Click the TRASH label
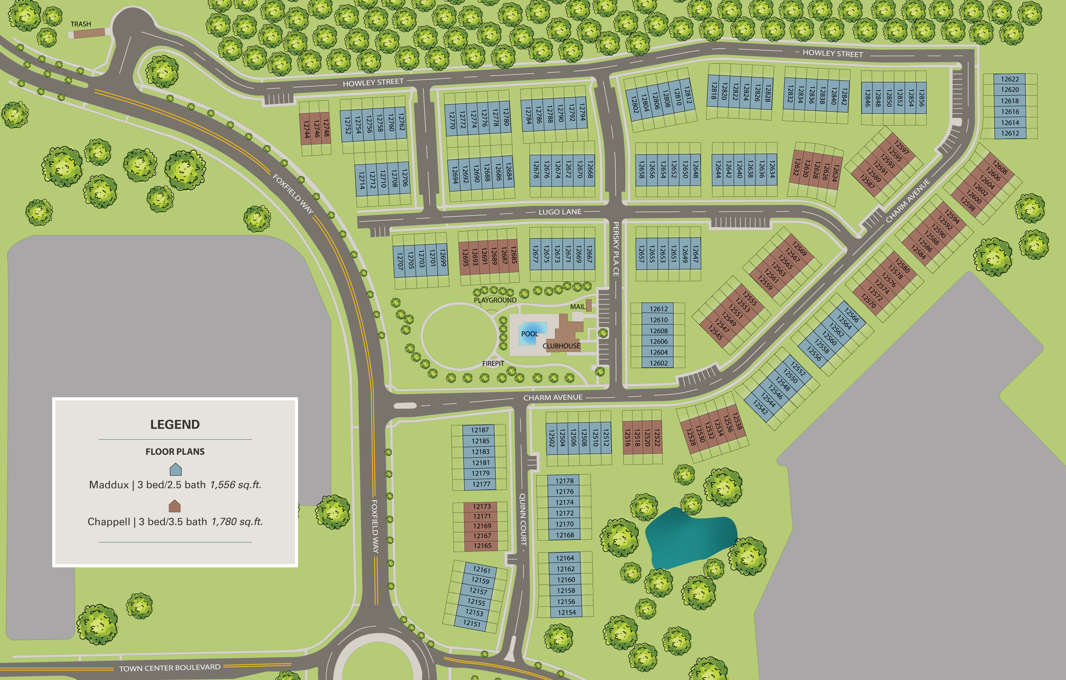coord(81,24)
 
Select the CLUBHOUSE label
coord(561,346)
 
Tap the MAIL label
coord(577,307)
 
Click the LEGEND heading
coord(175,424)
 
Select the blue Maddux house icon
coord(175,469)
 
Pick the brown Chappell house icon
coord(175,506)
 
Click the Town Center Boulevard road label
coord(169,668)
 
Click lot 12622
coord(1010,79)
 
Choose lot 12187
coord(480,430)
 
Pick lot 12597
coord(902,147)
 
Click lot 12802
coord(634,105)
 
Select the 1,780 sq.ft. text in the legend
coord(237,522)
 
